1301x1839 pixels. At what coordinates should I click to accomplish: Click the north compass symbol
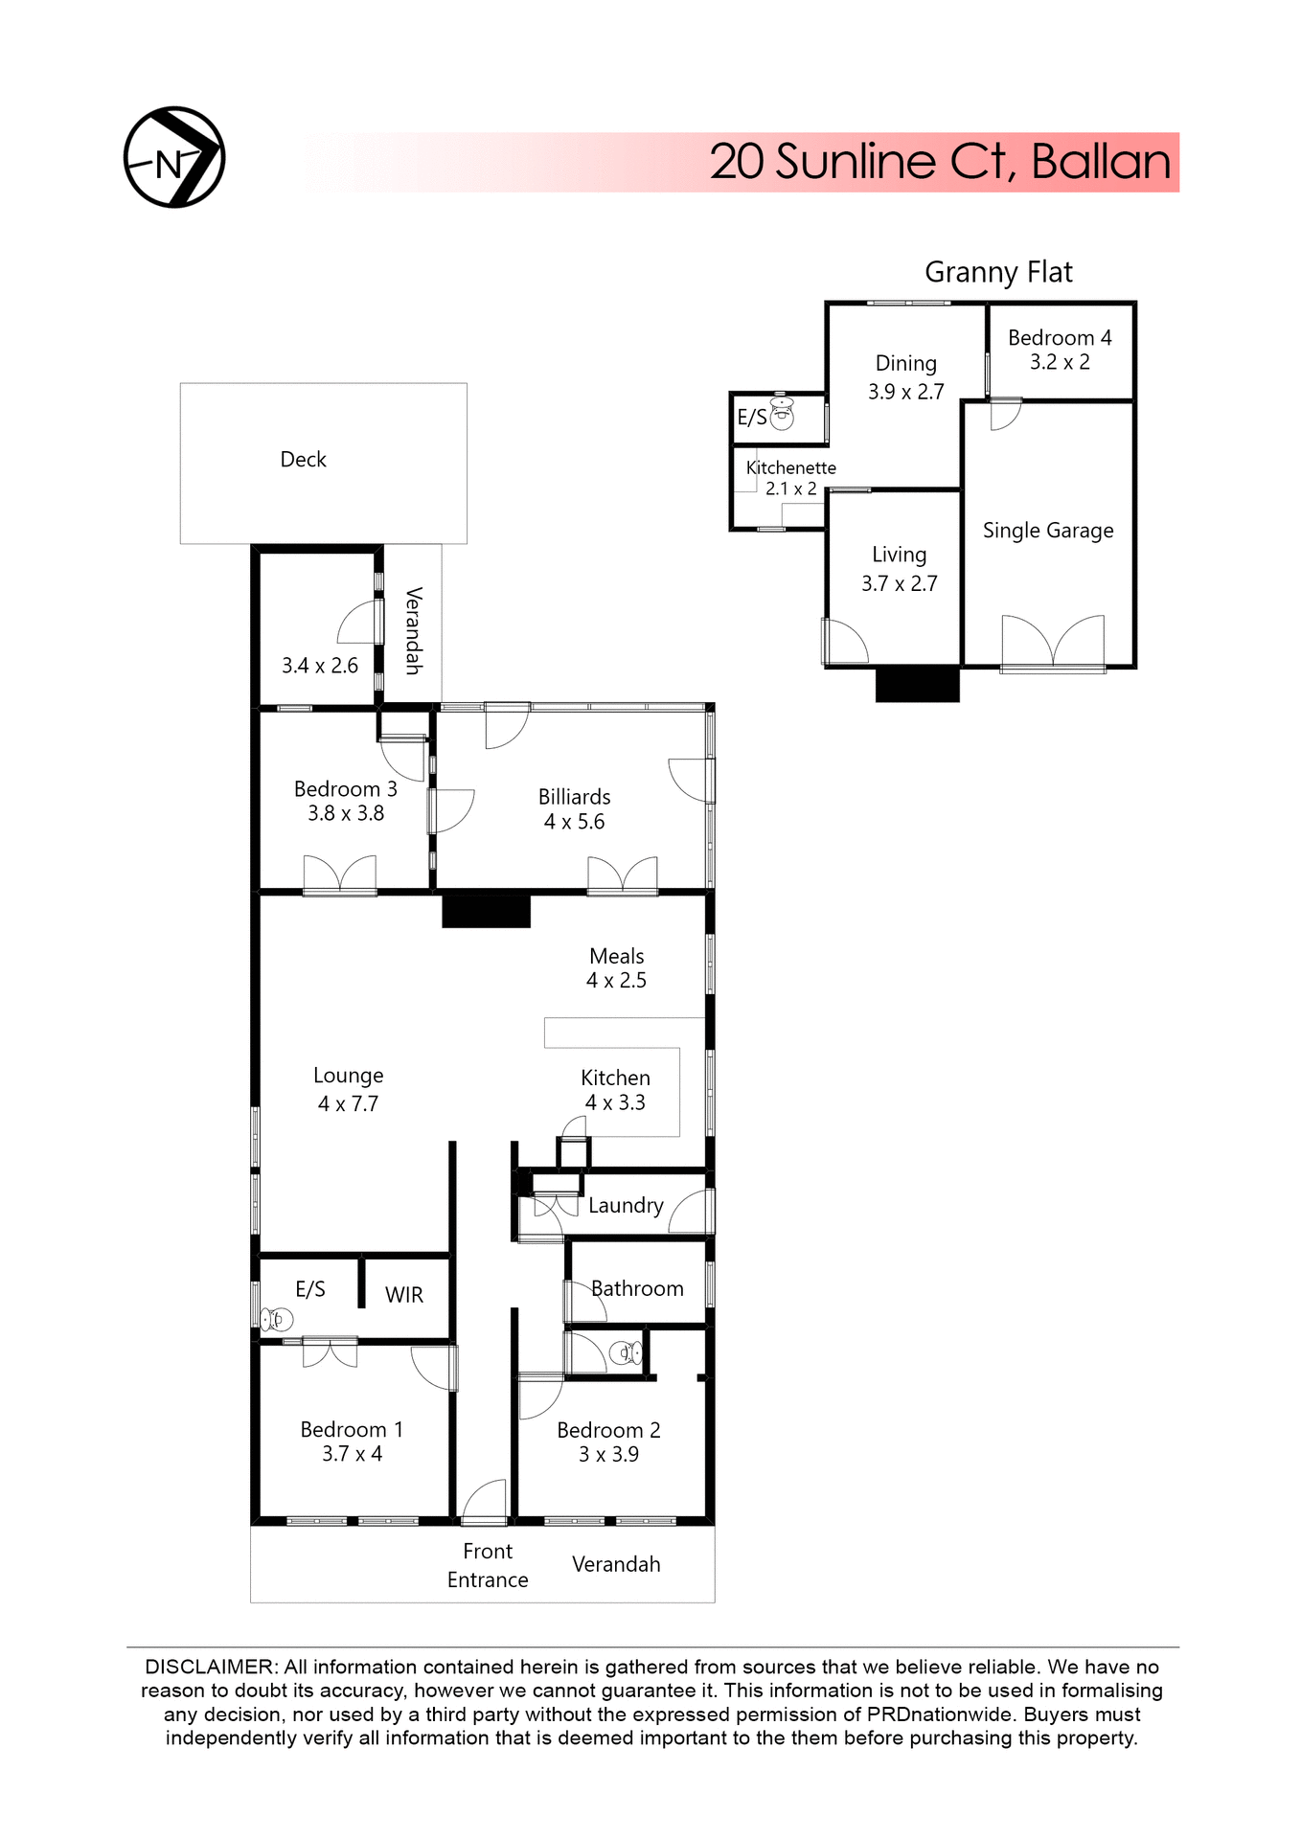tap(174, 158)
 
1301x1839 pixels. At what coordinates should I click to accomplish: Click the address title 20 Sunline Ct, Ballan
tap(939, 162)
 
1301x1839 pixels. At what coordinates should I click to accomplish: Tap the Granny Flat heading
tap(998, 272)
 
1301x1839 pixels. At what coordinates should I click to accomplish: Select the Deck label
tap(303, 460)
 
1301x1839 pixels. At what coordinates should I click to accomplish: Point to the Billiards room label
tap(574, 797)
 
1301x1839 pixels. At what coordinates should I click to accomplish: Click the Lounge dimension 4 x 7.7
tap(348, 1104)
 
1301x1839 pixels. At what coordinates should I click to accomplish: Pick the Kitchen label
tap(615, 1078)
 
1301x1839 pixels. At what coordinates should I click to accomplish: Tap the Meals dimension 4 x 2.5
tap(616, 981)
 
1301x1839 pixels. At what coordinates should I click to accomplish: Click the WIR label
tap(403, 1295)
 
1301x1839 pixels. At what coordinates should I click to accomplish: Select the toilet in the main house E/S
tap(277, 1320)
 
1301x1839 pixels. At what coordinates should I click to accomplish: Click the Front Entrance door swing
tap(485, 1501)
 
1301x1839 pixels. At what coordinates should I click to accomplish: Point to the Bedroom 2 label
tap(608, 1430)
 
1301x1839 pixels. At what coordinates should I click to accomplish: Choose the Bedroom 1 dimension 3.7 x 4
tap(352, 1454)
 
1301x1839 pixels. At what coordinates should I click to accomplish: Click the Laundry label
tap(626, 1206)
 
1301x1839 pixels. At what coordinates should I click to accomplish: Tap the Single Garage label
tap(1048, 531)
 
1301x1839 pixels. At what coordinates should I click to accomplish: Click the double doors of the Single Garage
tap(1052, 641)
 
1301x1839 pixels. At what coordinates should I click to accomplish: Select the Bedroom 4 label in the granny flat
tap(1060, 338)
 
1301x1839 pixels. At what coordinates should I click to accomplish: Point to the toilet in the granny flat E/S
tap(783, 414)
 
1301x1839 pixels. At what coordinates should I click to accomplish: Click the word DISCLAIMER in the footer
tap(209, 1668)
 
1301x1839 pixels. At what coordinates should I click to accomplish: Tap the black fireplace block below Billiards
tap(486, 909)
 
